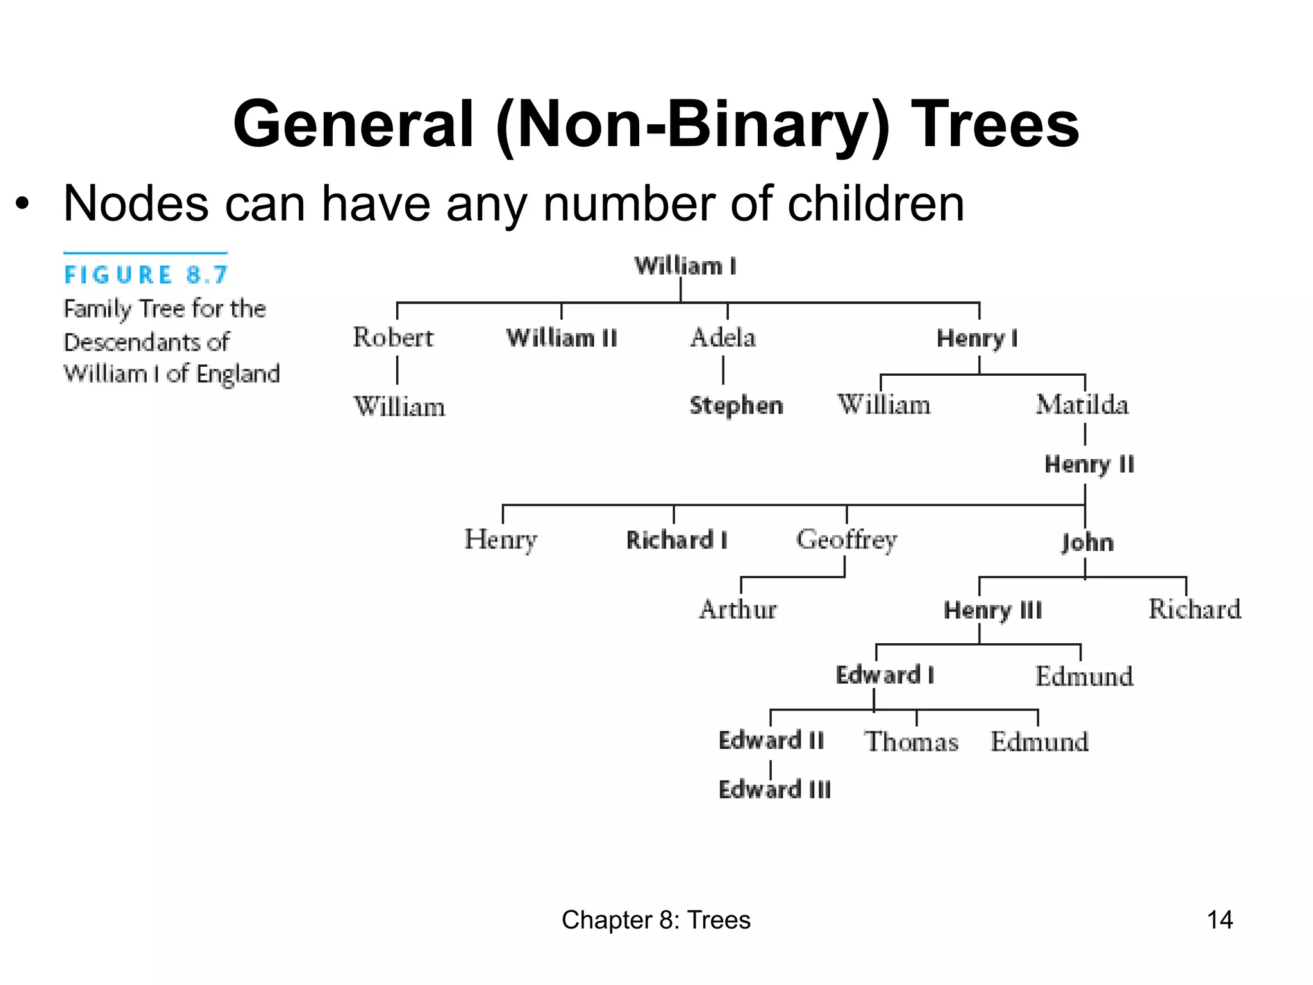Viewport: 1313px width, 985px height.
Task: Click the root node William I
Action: coord(685,265)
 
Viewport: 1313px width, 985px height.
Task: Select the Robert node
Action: coord(393,337)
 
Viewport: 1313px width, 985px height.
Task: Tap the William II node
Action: coord(562,338)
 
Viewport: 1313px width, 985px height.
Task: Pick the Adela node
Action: coord(723,337)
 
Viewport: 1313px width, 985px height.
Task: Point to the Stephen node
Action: coord(736,405)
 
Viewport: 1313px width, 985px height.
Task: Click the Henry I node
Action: coord(977,338)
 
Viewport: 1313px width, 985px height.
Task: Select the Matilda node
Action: coord(1082,405)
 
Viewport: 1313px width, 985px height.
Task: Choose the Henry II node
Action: coord(1089,464)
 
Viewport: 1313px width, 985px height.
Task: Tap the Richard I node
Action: coord(677,540)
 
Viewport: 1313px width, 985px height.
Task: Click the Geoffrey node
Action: coord(846,540)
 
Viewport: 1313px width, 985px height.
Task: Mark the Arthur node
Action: coord(738,609)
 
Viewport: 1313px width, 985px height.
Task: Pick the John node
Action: coord(1087,543)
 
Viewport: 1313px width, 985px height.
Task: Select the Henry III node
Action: coord(992,610)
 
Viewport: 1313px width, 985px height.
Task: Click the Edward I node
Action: coord(885,675)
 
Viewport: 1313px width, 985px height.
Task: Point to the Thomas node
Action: coord(911,742)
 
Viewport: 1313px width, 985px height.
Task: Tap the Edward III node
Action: coord(774,789)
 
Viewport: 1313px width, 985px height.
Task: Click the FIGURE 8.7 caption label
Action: coord(146,275)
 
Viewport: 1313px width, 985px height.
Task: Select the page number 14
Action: coord(1219,920)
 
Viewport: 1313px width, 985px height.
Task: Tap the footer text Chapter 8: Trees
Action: coord(656,920)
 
